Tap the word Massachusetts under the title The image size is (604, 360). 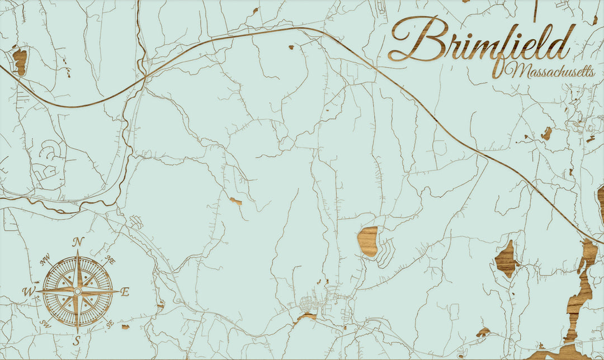(551, 72)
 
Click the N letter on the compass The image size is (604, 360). (78, 243)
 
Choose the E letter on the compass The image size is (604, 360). (125, 291)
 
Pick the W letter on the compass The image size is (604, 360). (29, 291)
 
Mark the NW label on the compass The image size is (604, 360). (45, 260)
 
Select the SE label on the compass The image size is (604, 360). (110, 324)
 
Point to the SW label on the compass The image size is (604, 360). (45, 323)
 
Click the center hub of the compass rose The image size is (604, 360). (78, 291)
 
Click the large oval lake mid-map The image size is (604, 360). (367, 241)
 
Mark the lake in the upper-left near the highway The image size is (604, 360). (20, 61)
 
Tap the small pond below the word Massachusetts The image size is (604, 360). (546, 133)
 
